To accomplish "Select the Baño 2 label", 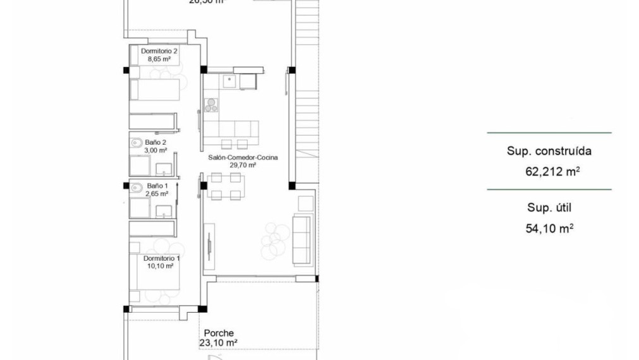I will pyautogui.click(x=155, y=142).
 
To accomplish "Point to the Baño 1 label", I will pyautogui.click(x=157, y=186).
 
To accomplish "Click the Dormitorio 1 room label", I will pyautogui.click(x=162, y=258).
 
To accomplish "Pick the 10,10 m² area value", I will pyautogui.click(x=162, y=267).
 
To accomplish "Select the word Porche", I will pyautogui.click(x=219, y=333).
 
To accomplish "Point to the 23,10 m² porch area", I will pyautogui.click(x=219, y=343).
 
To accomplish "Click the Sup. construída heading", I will pyautogui.click(x=549, y=152).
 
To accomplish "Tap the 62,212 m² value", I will pyautogui.click(x=552, y=171).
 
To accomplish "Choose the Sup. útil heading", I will pyautogui.click(x=549, y=208).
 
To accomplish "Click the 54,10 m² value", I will pyautogui.click(x=549, y=228).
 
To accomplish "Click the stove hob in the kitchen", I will pyautogui.click(x=210, y=105).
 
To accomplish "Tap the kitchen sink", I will pyautogui.click(x=229, y=81).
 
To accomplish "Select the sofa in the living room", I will pyautogui.click(x=302, y=239).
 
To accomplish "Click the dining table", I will pyautogui.click(x=225, y=186).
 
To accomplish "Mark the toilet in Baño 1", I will pyautogui.click(x=136, y=187).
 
